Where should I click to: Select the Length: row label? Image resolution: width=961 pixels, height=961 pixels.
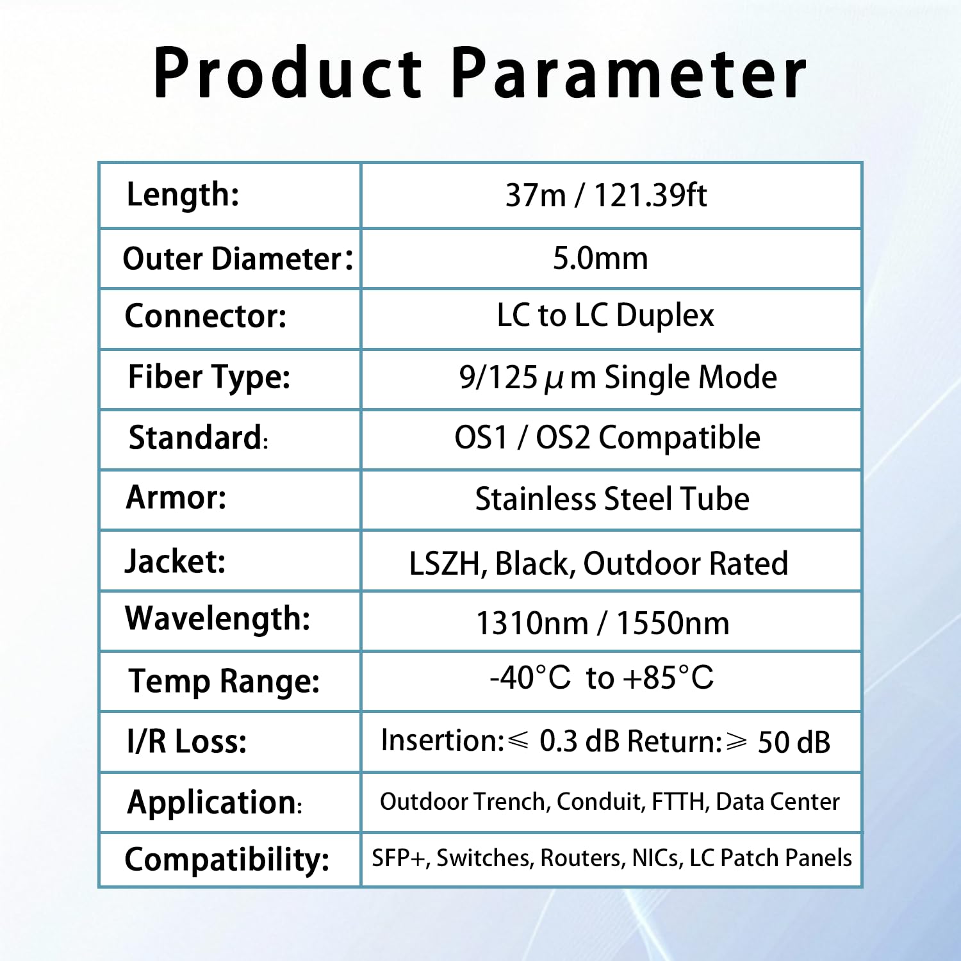183,194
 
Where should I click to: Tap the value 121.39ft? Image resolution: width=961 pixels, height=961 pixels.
650,195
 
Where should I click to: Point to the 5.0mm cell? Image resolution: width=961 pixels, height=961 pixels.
600,258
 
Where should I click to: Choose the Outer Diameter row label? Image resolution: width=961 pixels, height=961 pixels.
238,258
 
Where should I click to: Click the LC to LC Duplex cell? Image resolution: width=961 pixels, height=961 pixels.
605,315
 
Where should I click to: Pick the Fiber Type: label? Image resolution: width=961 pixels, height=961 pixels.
209,377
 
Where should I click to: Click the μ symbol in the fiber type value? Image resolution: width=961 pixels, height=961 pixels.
554,380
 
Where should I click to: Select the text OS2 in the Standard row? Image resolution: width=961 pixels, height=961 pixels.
562,438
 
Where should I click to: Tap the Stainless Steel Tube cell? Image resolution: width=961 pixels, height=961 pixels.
612,498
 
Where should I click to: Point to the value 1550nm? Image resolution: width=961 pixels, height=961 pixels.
673,623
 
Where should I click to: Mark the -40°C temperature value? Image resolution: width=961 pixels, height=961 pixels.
530,677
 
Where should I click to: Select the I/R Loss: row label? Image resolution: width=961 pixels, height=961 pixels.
186,741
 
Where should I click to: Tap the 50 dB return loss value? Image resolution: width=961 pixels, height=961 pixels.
794,743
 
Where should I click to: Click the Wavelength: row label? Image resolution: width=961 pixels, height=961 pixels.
218,620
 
